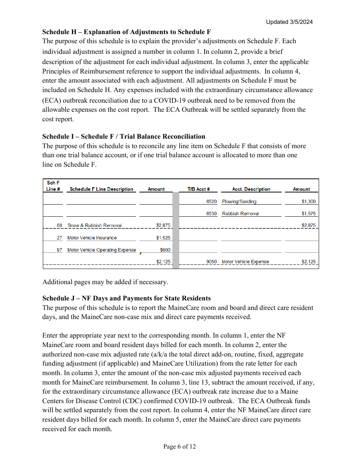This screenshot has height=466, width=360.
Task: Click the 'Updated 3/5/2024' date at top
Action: pyautogui.click(x=289, y=22)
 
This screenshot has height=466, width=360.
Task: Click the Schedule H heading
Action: pyautogui.click(x=127, y=32)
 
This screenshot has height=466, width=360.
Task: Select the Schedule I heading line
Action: pyautogui.click(x=124, y=136)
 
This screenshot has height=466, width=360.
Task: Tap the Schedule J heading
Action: pyautogui.click(x=126, y=298)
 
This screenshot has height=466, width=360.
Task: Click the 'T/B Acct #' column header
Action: pyautogui.click(x=199, y=189)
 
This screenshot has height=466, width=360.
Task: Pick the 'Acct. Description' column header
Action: pyautogui.click(x=251, y=189)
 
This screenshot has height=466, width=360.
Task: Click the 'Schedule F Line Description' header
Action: pyautogui.click(x=101, y=189)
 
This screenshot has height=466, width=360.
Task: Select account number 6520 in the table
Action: pyautogui.click(x=211, y=202)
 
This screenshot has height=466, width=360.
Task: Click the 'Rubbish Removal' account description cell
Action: pyautogui.click(x=240, y=214)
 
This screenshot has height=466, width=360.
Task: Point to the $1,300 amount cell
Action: pyautogui.click(x=308, y=202)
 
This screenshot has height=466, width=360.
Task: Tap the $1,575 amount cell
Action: pyautogui.click(x=308, y=214)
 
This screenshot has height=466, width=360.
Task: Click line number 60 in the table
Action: pyautogui.click(x=59, y=225)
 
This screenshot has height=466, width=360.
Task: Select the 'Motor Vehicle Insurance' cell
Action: pyautogui.click(x=92, y=238)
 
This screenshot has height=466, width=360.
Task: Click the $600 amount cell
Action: pyautogui.click(x=165, y=250)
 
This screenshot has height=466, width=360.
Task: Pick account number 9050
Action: pyautogui.click(x=211, y=262)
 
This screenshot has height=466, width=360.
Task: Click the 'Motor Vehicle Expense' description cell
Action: pyautogui.click(x=245, y=262)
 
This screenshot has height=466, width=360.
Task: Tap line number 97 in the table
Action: pyautogui.click(x=59, y=250)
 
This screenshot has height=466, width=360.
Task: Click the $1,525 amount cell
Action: pyautogui.click(x=163, y=238)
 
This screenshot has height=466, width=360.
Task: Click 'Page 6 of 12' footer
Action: pyautogui.click(x=180, y=447)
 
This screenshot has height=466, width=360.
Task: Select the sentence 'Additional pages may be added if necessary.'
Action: pyautogui.click(x=105, y=282)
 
